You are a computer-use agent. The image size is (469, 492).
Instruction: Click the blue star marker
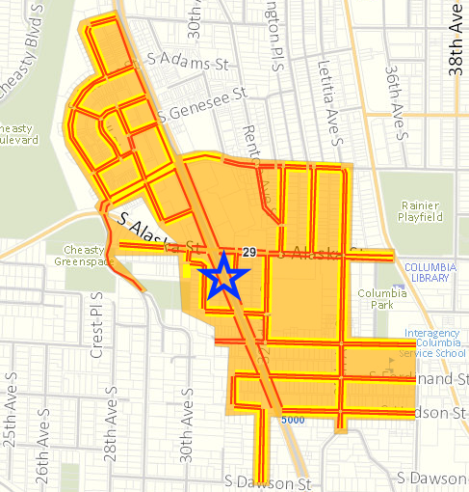click(224, 278)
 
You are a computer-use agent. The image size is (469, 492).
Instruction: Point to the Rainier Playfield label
click(419, 211)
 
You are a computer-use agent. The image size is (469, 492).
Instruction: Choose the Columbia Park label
click(376, 298)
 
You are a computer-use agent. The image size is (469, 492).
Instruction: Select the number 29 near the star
click(248, 253)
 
